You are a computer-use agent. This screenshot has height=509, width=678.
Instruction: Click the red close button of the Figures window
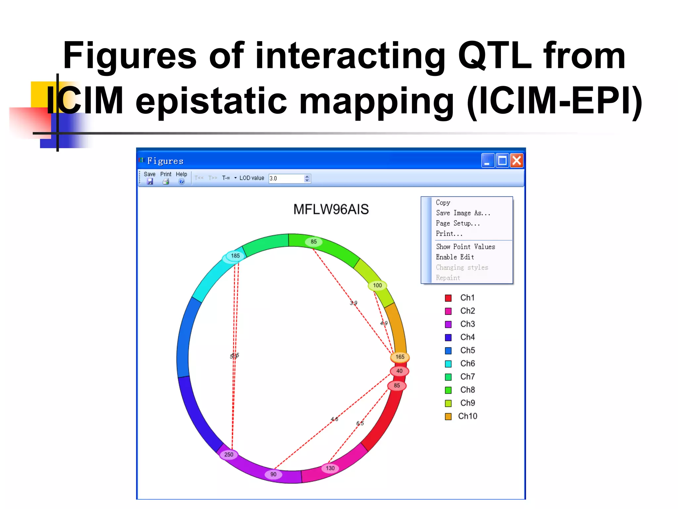click(516, 161)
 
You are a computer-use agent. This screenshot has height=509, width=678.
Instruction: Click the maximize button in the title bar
click(502, 161)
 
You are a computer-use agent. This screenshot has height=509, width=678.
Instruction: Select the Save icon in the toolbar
click(150, 181)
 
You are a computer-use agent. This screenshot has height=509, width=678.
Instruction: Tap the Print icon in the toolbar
click(166, 181)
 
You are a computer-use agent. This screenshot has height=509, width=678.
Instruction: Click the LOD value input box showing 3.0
click(286, 178)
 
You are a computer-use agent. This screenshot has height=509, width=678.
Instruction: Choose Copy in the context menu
click(443, 202)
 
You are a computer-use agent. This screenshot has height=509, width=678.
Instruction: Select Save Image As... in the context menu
click(462, 213)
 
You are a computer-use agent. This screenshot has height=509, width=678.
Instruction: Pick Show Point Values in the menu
click(465, 247)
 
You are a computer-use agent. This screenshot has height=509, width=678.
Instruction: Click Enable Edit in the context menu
click(455, 257)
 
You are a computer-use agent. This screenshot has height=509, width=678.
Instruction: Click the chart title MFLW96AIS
click(331, 209)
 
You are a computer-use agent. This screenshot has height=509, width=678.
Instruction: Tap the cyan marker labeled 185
click(235, 256)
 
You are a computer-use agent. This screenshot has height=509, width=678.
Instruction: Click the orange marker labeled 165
click(400, 357)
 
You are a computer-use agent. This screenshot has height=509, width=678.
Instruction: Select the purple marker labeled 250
click(229, 455)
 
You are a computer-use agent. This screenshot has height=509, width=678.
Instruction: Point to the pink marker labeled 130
click(330, 468)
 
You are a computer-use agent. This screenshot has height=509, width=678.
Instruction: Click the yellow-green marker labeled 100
click(377, 285)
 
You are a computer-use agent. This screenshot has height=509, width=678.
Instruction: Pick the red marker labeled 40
click(399, 371)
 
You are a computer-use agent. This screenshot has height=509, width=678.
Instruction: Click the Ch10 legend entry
click(467, 416)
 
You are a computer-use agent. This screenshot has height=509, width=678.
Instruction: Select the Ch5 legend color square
click(448, 351)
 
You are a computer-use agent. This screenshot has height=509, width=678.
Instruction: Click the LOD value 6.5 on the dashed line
click(360, 424)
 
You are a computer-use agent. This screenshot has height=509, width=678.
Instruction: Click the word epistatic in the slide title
click(211, 100)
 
